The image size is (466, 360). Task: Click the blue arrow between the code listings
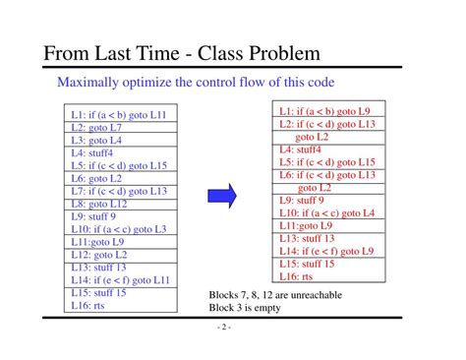226,197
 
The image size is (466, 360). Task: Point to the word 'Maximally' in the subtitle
87,82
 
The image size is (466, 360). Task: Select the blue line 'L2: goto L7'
96,127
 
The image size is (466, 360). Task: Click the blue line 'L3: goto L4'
96,140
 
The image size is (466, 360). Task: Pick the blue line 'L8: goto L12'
99,204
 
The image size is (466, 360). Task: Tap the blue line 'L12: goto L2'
99,255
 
